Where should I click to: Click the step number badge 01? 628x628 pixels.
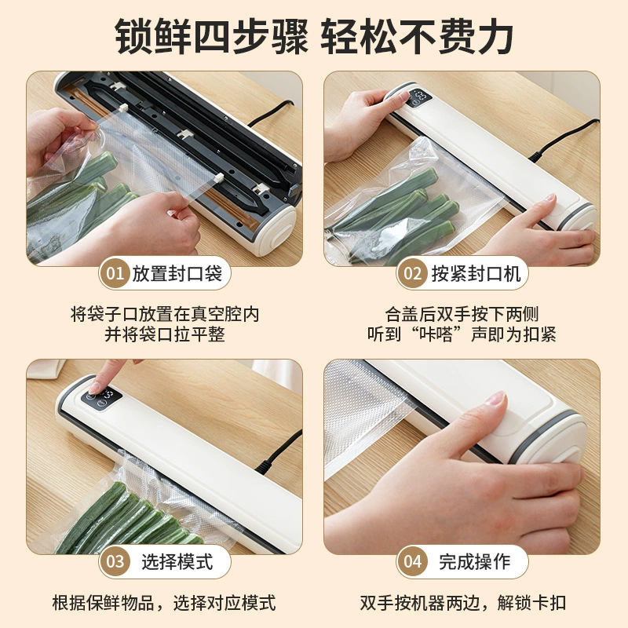click(x=115, y=273)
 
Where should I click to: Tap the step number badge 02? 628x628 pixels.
click(x=412, y=273)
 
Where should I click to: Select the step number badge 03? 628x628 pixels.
click(x=115, y=561)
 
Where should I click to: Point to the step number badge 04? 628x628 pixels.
click(x=412, y=561)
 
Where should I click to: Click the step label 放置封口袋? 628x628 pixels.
click(x=177, y=273)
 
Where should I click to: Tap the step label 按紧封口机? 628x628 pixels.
click(x=476, y=273)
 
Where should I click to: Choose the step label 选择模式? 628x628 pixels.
click(x=177, y=561)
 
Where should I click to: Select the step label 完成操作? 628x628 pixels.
click(x=475, y=561)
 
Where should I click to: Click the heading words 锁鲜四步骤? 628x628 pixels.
click(x=211, y=36)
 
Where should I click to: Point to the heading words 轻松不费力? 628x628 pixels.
click(x=417, y=36)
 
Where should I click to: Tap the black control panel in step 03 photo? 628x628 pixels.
click(x=101, y=398)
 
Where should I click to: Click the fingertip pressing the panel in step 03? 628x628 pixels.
click(x=95, y=387)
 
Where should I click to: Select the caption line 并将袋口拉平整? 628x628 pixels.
click(x=165, y=334)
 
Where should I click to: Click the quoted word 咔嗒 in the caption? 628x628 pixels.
click(x=436, y=334)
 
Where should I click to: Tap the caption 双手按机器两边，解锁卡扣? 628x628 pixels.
click(x=462, y=603)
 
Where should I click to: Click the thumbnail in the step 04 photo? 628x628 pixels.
click(x=497, y=399)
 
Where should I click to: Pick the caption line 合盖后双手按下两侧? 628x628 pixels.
click(x=462, y=314)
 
